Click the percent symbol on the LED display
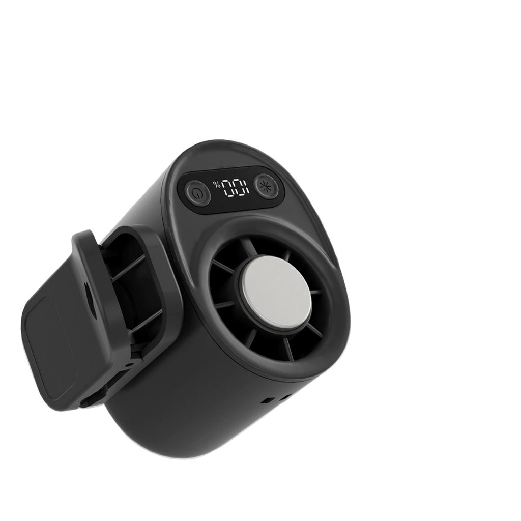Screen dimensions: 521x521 pyautogui.click(x=217, y=184)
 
